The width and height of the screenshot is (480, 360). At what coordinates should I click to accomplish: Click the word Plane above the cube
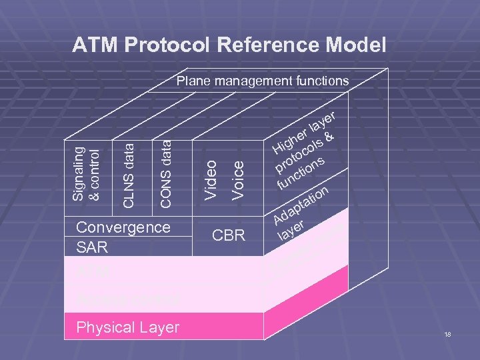(x=193, y=81)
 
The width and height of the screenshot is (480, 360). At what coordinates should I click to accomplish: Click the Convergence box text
(x=123, y=227)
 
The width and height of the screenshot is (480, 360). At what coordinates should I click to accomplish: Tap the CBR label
(x=229, y=235)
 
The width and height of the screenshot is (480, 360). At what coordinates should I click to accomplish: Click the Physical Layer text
(x=127, y=327)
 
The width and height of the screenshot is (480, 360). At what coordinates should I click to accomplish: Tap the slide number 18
(x=447, y=334)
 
